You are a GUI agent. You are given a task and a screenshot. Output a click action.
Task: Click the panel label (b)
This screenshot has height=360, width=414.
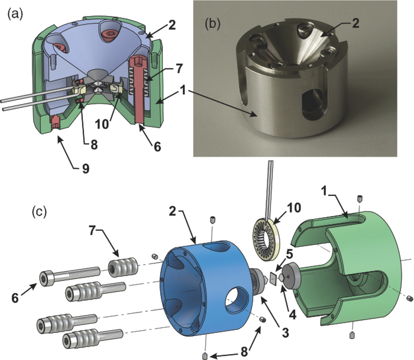215,25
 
